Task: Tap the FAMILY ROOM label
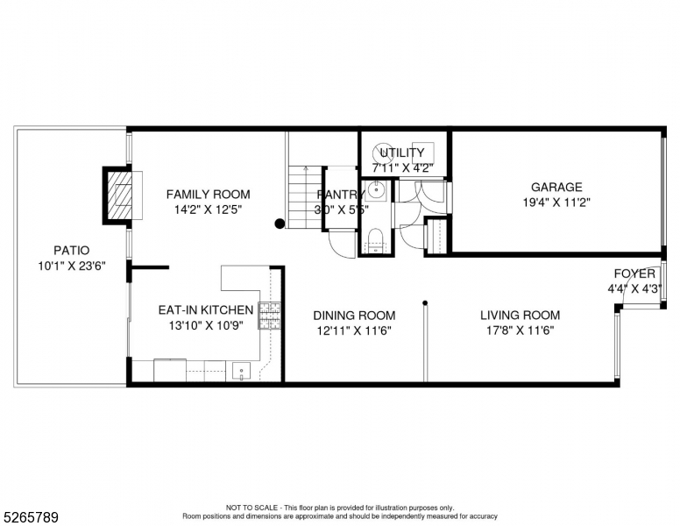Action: pos(208,195)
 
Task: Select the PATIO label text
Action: pos(71,251)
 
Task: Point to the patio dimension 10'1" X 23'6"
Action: pos(71,267)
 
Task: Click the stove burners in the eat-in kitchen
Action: pos(269,315)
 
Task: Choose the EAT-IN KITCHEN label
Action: pos(205,310)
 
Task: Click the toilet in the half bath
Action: pos(376,239)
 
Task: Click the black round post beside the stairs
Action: pos(280,224)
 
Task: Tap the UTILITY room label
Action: pos(402,153)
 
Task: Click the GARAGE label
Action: pos(556,187)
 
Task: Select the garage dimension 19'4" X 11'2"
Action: pos(556,202)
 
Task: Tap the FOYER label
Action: pos(634,274)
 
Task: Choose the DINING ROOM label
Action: pos(354,316)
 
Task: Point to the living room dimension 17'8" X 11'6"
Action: pos(520,331)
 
